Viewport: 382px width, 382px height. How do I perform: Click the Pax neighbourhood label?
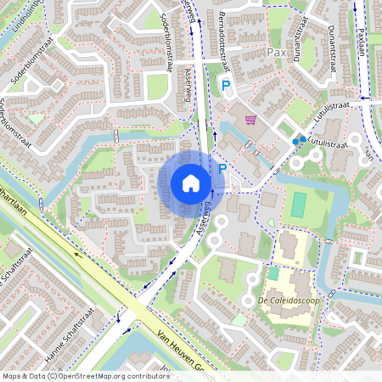point(277,52)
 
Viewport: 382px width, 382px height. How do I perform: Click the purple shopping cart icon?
point(250,121)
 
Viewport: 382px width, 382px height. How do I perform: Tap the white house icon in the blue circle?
point(191,183)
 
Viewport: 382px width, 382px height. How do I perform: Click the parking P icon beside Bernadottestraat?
point(226,85)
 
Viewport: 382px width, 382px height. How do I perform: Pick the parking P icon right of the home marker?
point(222,170)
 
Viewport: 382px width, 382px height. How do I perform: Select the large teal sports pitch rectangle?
point(298,204)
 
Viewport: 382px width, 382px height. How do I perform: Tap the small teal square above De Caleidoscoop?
point(273,273)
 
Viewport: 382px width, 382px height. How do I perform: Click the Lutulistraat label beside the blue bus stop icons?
point(328,145)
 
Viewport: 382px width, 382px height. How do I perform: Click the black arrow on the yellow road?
point(78,252)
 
